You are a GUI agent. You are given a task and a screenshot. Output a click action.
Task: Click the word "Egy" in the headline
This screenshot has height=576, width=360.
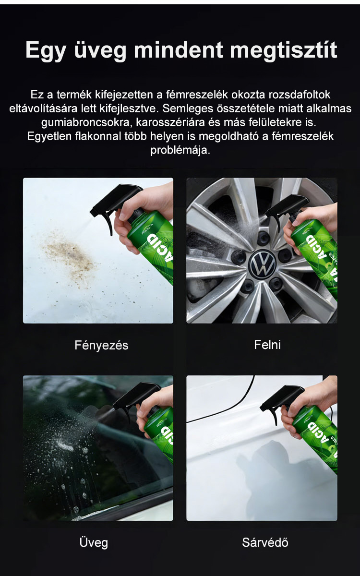coord(46,51)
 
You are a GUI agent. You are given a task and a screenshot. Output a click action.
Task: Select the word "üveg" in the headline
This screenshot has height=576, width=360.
coord(100,51)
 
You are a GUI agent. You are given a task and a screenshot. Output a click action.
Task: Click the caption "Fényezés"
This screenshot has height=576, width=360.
coord(101,345)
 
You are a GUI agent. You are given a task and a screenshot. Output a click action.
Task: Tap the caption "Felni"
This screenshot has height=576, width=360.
coord(267,345)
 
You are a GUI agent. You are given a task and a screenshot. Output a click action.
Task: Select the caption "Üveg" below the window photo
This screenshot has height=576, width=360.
coord(94,542)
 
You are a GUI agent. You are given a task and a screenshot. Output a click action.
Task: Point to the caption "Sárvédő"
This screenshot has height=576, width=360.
coord(265,542)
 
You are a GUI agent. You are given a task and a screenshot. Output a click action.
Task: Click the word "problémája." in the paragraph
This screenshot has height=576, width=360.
coord(180,150)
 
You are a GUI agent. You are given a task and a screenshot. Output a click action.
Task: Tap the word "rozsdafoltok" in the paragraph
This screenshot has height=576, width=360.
coord(300,95)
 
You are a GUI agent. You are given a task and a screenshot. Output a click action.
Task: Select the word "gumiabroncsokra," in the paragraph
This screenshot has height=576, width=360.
coord(87,122)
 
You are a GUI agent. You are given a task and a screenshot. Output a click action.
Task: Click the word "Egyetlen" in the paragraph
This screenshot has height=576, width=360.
coord(49,136)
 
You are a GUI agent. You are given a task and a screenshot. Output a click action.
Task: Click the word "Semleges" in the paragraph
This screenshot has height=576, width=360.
coord(188,109)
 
